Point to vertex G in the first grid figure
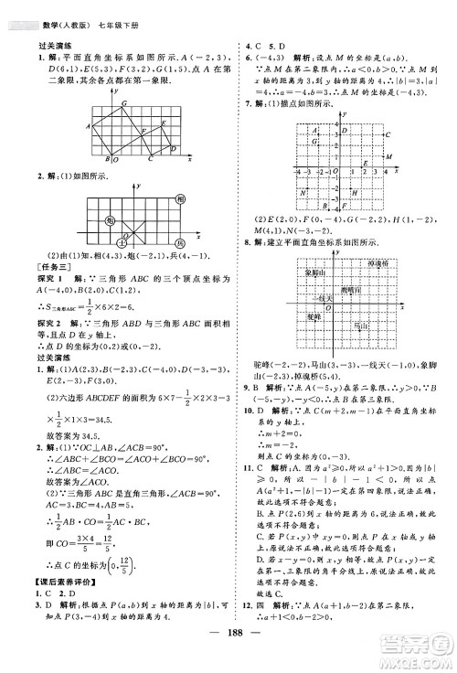(126, 106)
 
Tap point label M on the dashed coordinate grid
(387, 157)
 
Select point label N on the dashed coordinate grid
(303, 193)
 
